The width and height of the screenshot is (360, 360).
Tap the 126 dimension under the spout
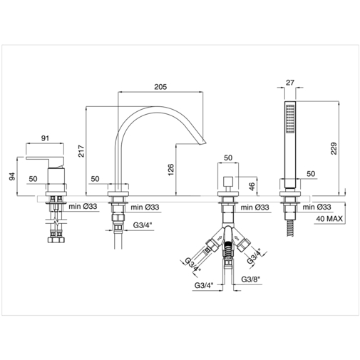click(x=170, y=169)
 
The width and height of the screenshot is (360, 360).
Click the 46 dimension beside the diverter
click(x=251, y=186)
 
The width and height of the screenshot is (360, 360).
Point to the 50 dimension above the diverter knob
click(x=228, y=158)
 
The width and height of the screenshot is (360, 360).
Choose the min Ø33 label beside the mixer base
click(x=84, y=207)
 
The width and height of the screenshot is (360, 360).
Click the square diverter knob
click(x=228, y=179)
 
